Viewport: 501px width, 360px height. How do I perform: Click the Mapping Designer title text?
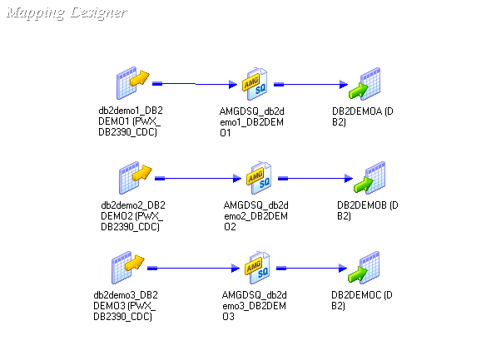coord(67,13)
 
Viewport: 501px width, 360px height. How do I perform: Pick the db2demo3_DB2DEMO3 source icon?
coord(128,268)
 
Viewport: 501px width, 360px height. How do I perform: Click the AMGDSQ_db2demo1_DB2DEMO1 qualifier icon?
coord(254,85)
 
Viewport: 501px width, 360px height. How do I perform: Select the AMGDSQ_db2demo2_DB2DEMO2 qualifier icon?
coord(258,178)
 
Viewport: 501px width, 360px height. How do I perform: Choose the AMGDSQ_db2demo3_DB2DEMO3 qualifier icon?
coord(255,268)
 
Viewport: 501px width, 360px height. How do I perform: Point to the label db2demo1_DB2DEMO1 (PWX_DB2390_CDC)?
coord(131,121)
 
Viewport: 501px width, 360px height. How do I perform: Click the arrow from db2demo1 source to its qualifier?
coord(196,84)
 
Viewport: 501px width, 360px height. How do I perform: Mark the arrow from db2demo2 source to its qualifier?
coord(200,178)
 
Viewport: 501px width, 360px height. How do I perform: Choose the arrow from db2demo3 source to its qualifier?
coord(193,268)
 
